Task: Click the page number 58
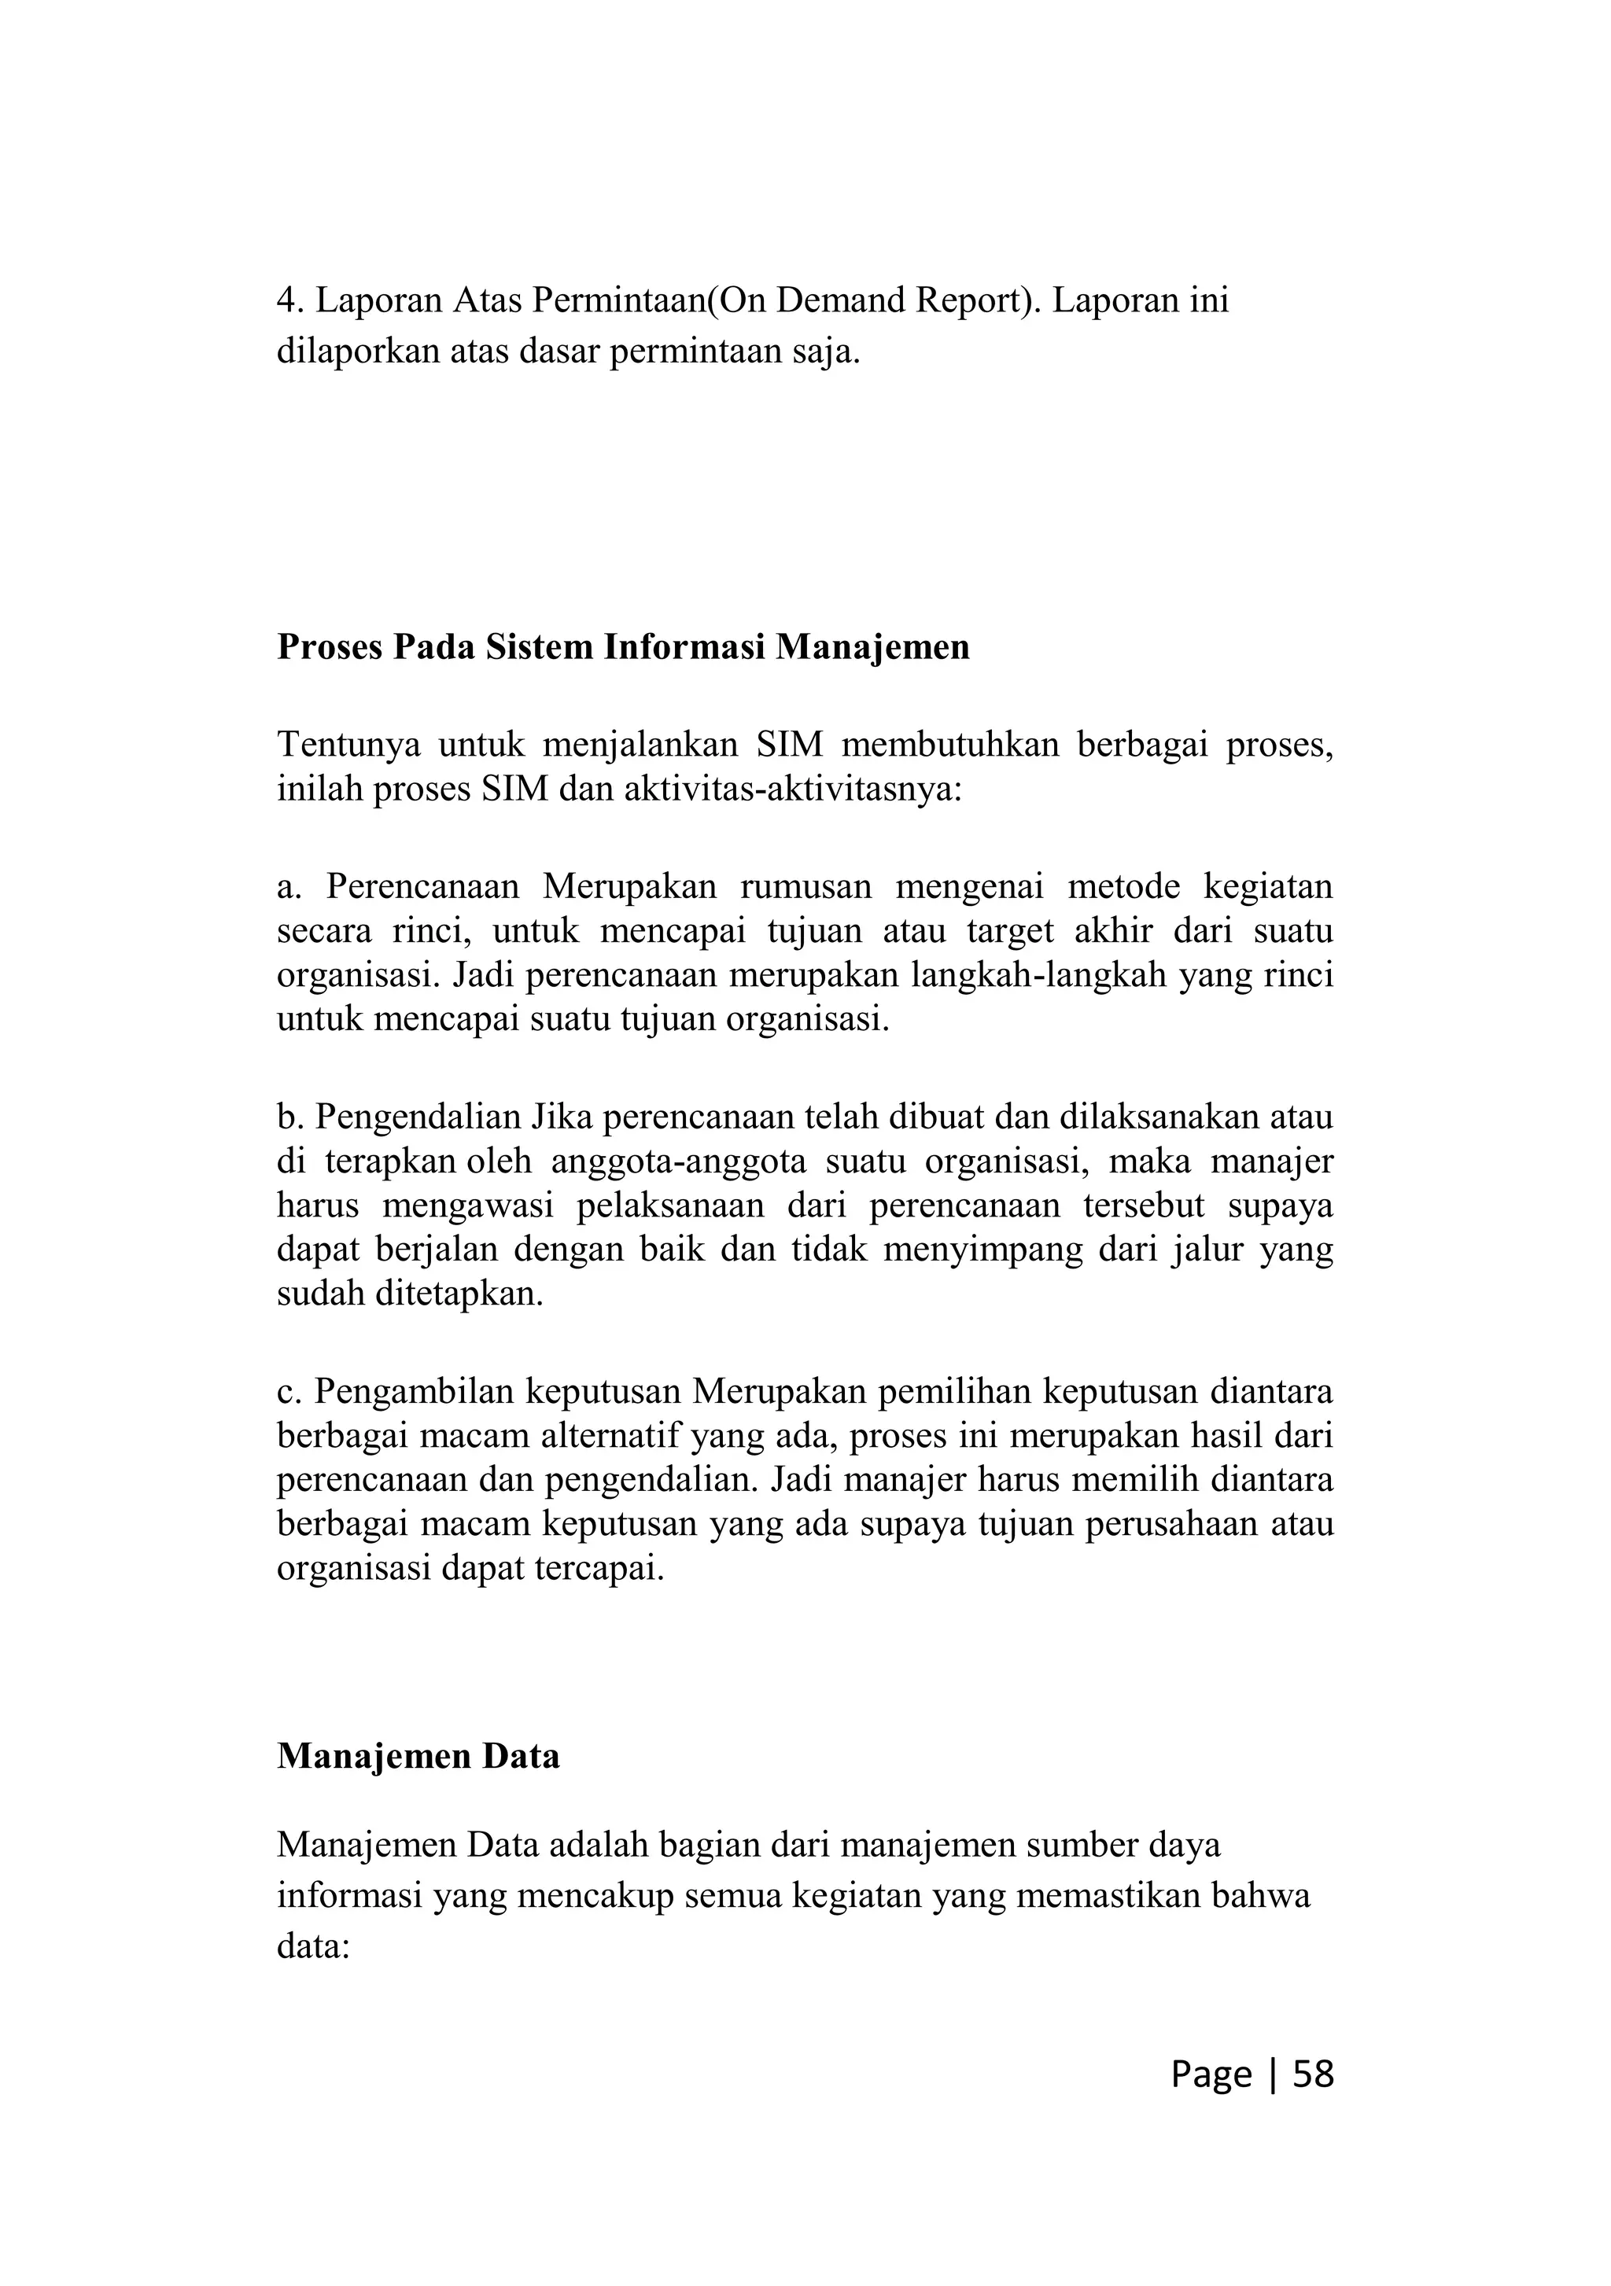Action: (x=1312, y=2074)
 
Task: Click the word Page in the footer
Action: (x=1211, y=2074)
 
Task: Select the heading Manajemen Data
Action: (x=418, y=1756)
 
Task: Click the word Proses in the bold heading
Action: (x=329, y=648)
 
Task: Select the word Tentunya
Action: (x=346, y=744)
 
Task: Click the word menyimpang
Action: (x=981, y=1250)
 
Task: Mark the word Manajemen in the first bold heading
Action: (x=872, y=648)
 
